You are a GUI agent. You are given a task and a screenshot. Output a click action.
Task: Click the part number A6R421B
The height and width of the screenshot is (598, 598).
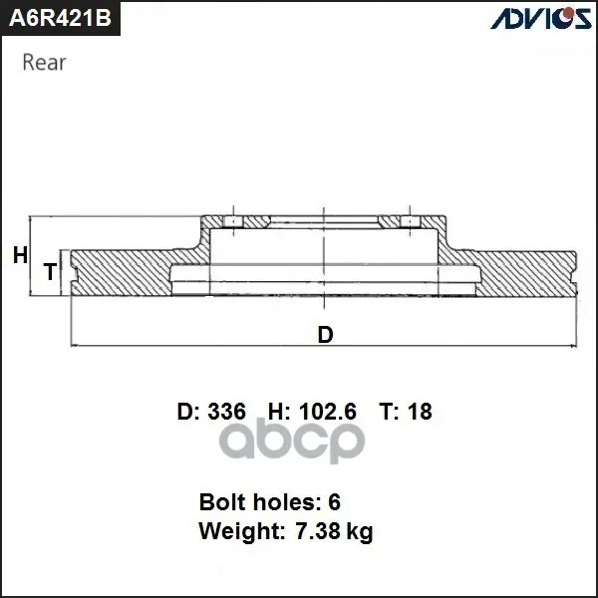[x=60, y=18]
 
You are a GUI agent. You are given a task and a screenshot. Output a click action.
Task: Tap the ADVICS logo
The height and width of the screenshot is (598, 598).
[x=541, y=18]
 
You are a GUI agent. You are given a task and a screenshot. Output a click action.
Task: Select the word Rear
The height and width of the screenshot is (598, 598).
[x=44, y=62]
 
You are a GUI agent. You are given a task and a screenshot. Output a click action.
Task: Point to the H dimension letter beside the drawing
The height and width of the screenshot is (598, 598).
[x=20, y=255]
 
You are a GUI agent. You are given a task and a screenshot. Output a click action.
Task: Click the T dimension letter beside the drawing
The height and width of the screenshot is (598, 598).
[x=50, y=272]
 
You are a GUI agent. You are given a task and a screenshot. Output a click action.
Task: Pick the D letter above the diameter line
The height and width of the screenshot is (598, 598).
[x=325, y=335]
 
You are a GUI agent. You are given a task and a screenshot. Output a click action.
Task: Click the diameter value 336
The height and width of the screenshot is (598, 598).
[x=226, y=411]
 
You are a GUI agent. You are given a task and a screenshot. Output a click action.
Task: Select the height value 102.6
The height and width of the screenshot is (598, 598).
[x=328, y=411]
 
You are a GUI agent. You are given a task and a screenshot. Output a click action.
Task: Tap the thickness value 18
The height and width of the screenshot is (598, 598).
[x=420, y=411]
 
